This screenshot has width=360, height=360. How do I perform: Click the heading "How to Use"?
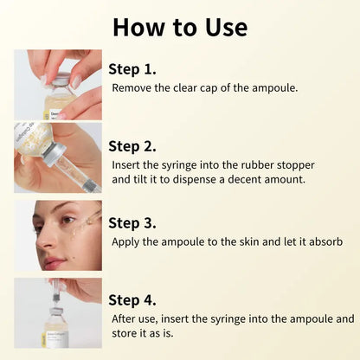[179, 26]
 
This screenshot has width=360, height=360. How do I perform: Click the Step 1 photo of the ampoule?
[58, 85]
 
